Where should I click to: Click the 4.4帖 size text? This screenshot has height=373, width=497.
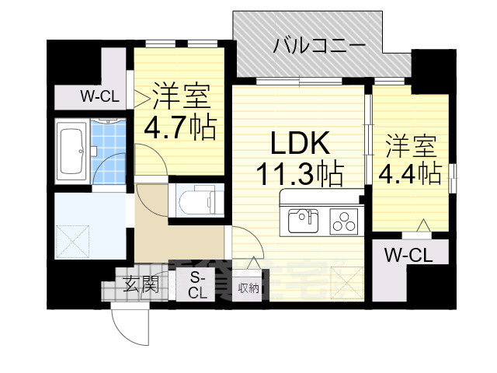click(x=410, y=173)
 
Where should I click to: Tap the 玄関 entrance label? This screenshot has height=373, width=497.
click(x=141, y=284)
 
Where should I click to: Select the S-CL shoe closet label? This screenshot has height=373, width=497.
click(x=197, y=286)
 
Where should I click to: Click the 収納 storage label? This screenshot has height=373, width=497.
click(x=248, y=287)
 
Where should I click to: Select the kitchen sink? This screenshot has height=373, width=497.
click(x=303, y=221)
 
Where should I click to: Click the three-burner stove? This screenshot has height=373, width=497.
click(x=342, y=221)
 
